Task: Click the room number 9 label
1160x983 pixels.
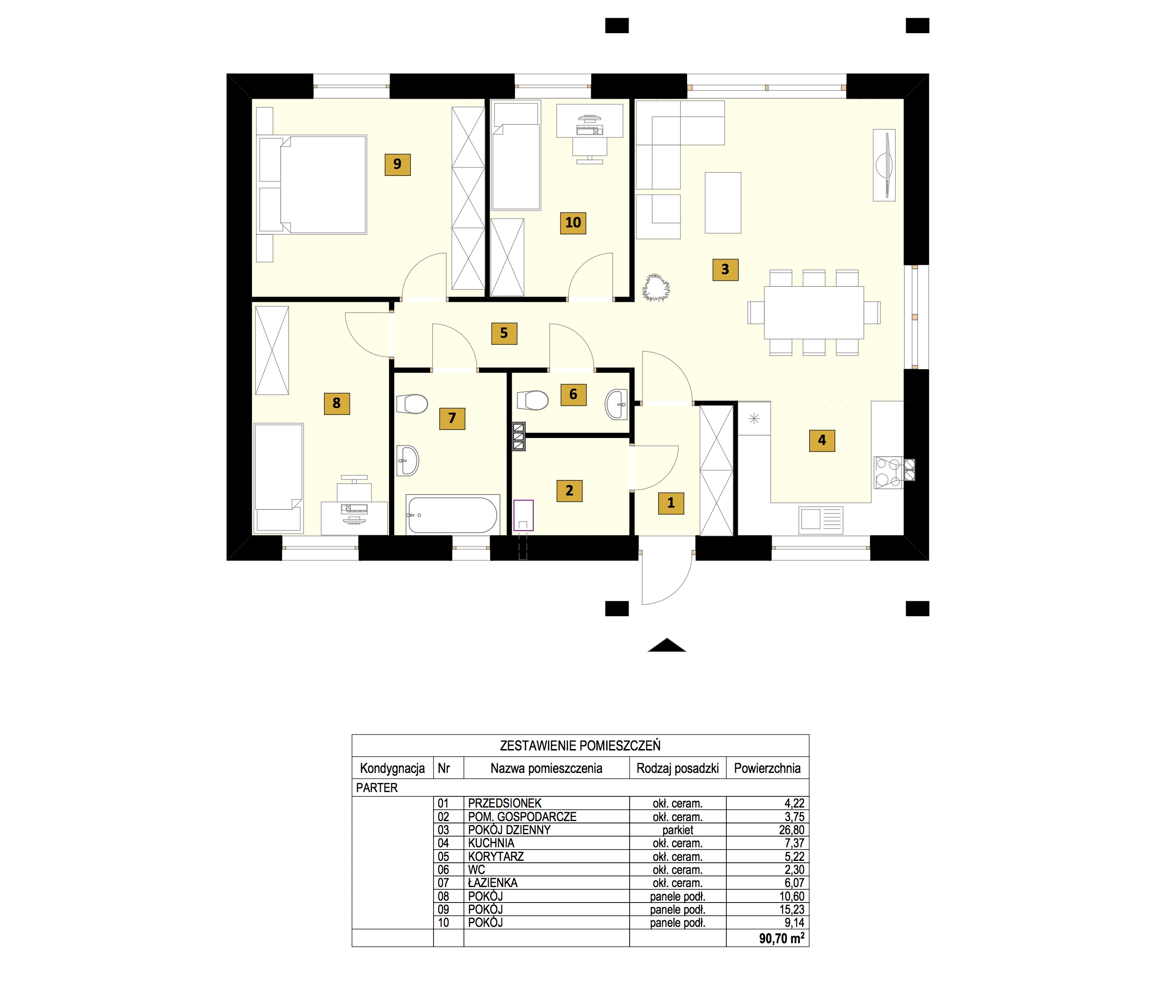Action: click(x=397, y=164)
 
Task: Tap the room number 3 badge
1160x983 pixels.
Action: click(x=725, y=269)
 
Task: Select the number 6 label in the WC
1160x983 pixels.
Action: click(x=573, y=394)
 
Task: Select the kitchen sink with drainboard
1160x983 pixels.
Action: click(x=821, y=520)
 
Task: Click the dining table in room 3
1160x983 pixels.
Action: click(x=813, y=313)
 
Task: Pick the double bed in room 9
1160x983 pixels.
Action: click(x=323, y=184)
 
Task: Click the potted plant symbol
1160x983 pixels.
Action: click(x=656, y=288)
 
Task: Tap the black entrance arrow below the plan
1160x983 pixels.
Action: click(x=667, y=645)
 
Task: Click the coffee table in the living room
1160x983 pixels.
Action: click(x=723, y=203)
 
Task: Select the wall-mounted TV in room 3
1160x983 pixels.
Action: click(x=884, y=165)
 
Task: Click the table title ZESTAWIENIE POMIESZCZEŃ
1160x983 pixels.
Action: click(x=580, y=746)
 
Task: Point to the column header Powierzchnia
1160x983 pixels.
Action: click(x=767, y=768)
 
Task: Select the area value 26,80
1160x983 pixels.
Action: click(x=792, y=830)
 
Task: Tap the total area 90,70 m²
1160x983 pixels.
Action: click(x=782, y=939)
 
